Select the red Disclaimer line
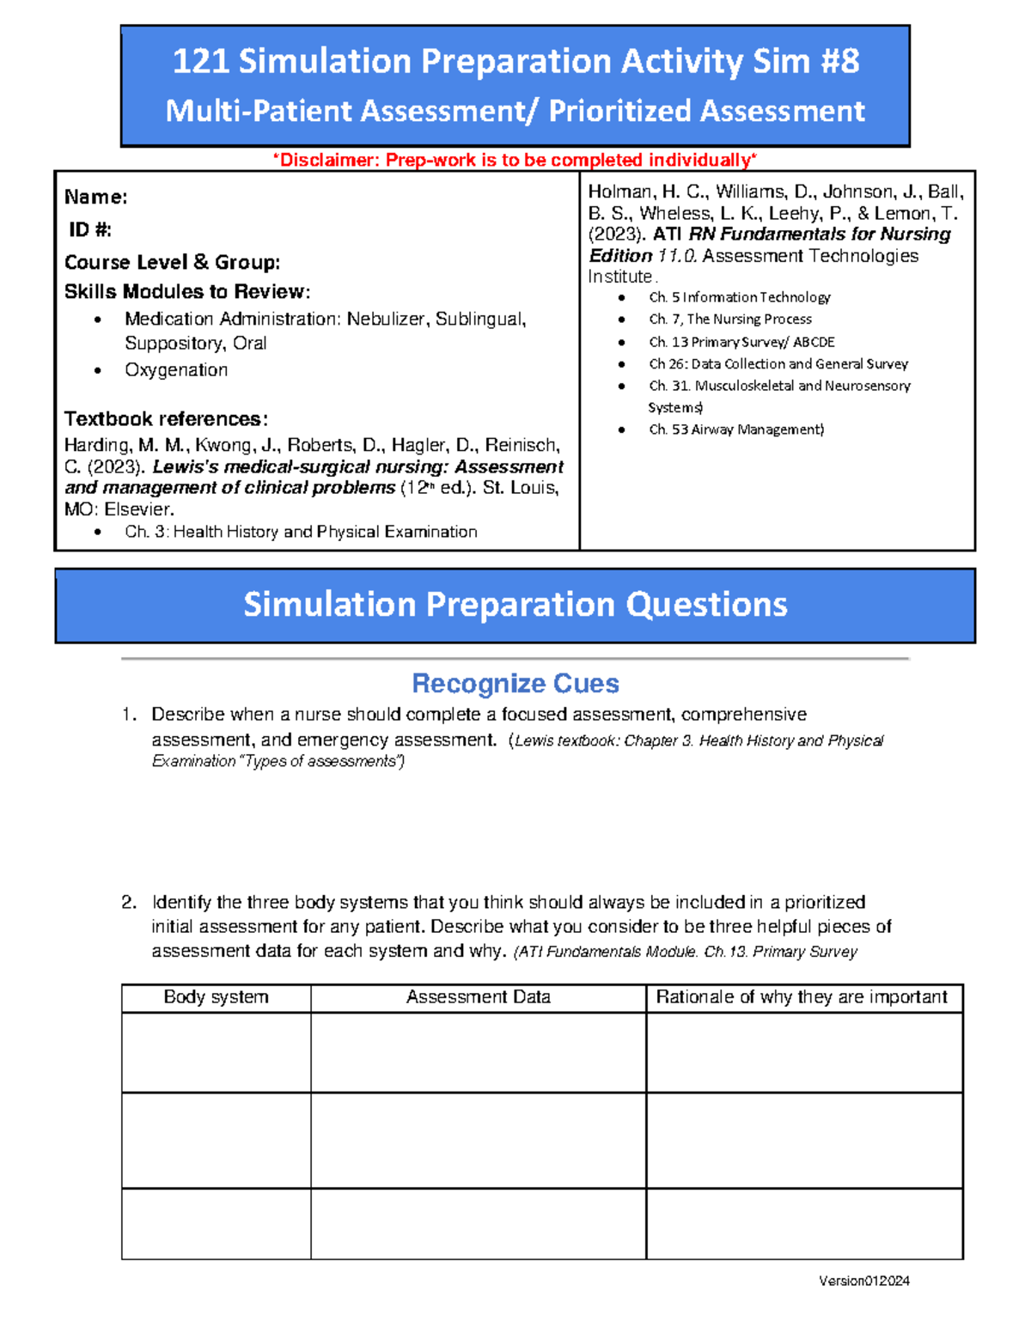coord(515,161)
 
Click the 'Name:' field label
coord(96,198)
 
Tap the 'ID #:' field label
coord(90,229)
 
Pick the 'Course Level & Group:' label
coord(172,263)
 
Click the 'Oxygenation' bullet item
coord(176,370)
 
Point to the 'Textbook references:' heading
coord(166,419)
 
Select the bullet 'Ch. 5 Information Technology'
coord(739,297)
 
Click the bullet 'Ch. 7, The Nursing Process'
coord(729,320)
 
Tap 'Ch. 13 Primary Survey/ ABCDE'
coord(741,342)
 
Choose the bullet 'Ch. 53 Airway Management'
coord(735,429)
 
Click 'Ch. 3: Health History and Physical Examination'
coord(301,533)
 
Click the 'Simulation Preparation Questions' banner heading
coord(515,605)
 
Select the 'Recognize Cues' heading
coord(515,684)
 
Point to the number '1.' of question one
coord(129,715)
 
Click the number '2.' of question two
coord(129,903)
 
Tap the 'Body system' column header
coord(216,997)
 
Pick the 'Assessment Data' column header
coord(478,997)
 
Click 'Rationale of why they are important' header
coord(802,997)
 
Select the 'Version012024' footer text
coord(863,1281)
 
